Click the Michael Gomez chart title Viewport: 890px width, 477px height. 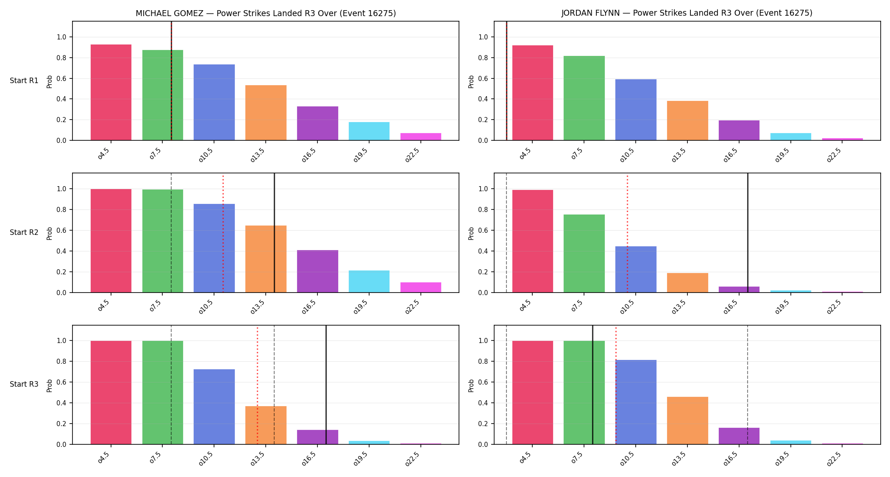(266, 13)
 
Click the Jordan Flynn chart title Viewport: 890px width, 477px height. (687, 13)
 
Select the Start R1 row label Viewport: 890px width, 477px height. (24, 81)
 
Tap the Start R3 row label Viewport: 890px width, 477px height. (24, 384)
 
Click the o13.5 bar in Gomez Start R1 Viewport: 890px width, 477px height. (266, 113)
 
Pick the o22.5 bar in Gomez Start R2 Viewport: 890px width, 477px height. (421, 287)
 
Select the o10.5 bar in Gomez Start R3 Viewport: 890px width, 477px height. (214, 407)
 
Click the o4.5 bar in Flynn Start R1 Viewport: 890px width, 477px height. (533, 93)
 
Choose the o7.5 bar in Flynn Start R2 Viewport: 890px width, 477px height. (584, 254)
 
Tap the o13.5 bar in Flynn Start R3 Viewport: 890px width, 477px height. (687, 421)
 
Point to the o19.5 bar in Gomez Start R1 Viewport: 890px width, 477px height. (369, 131)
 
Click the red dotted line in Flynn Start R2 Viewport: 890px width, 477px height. (627, 233)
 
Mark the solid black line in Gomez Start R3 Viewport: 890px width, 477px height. (326, 385)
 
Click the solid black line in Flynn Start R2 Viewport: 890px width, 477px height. (748, 233)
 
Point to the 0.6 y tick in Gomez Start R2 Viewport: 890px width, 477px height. (61, 230)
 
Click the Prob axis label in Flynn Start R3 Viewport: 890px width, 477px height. (471, 385)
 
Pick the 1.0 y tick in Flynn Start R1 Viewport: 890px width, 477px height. (483, 37)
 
